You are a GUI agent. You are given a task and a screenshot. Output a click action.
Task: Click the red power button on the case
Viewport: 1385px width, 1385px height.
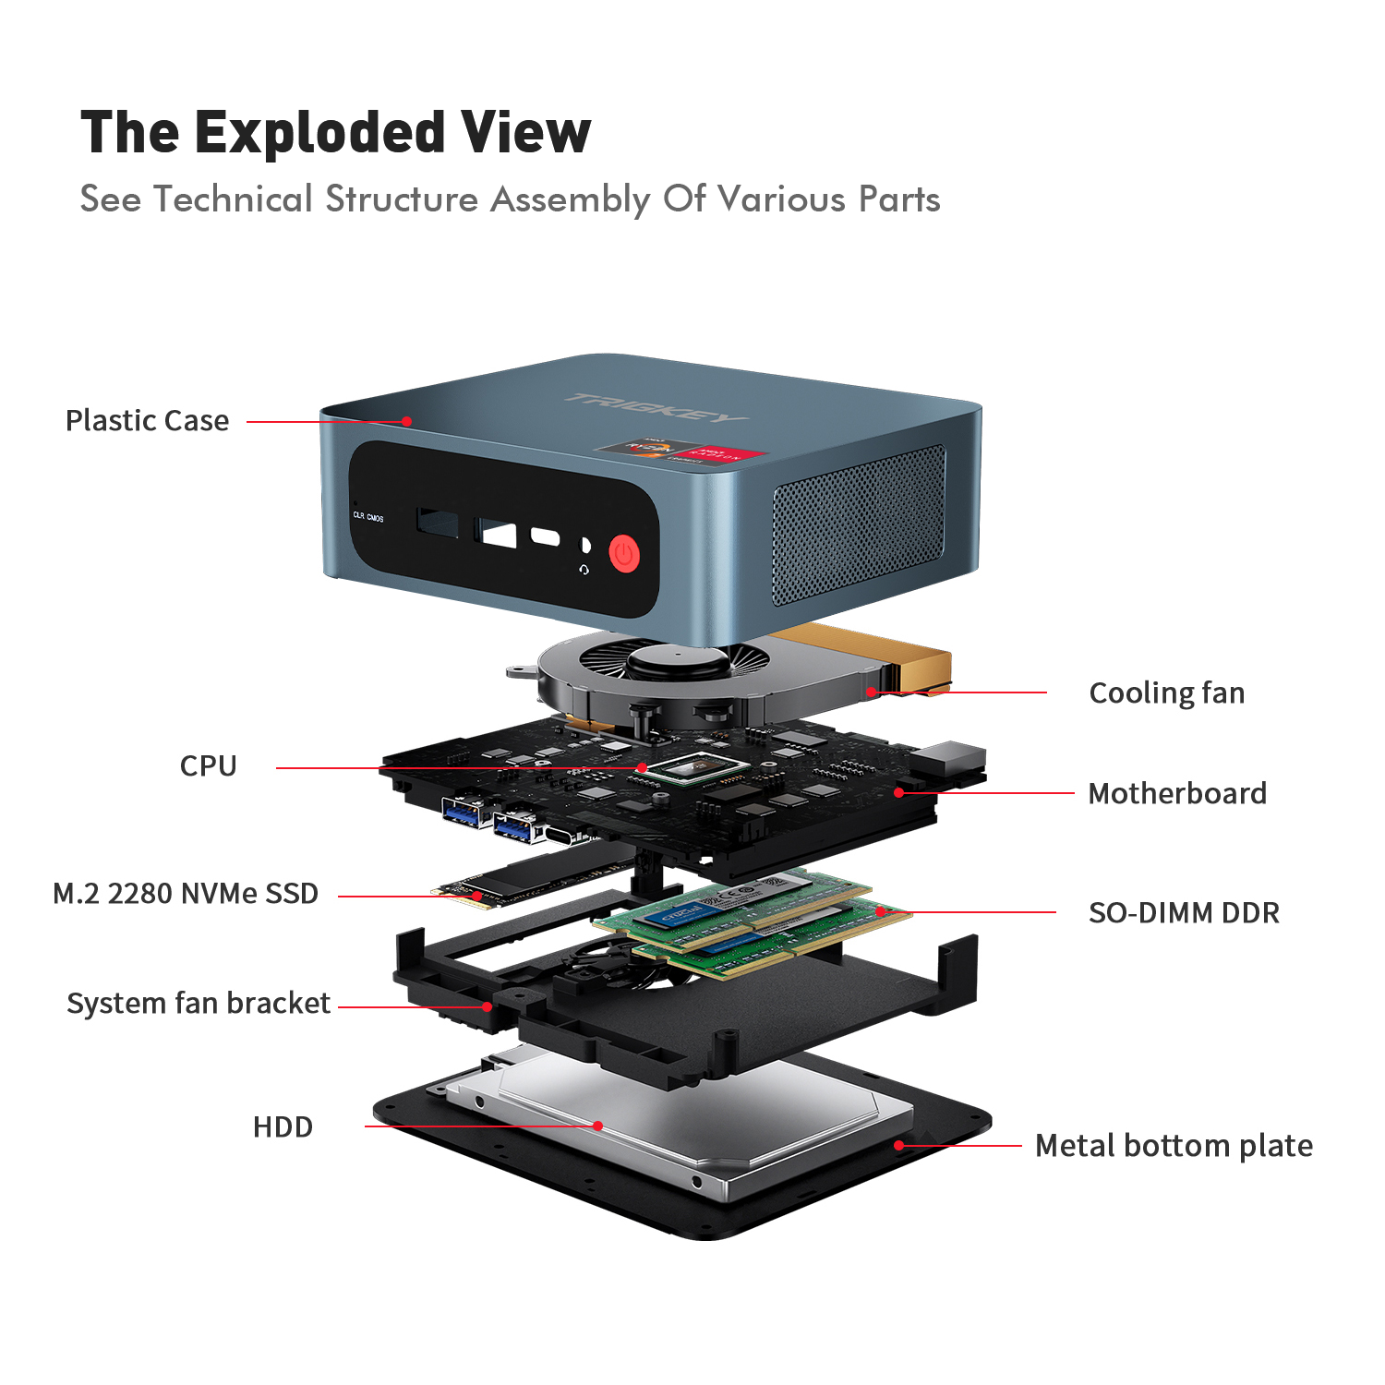click(x=625, y=554)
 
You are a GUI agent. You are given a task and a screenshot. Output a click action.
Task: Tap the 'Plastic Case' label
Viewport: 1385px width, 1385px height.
click(x=147, y=421)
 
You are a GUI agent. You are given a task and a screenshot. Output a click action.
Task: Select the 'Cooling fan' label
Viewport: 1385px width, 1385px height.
click(x=1166, y=693)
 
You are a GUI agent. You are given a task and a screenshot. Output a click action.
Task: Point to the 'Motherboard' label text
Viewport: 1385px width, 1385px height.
click(x=1176, y=794)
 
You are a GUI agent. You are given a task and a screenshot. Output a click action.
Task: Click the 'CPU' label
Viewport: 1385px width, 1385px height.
click(x=208, y=766)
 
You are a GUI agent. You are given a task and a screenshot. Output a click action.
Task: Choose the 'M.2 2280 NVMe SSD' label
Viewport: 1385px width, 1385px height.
click(x=185, y=894)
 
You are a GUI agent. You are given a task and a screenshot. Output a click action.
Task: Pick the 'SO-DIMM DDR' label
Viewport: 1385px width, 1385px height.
click(x=1184, y=913)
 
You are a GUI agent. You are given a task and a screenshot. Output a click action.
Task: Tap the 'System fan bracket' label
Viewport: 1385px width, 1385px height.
click(x=198, y=1004)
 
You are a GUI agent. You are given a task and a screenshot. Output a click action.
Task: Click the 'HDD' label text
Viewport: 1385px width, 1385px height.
click(x=283, y=1127)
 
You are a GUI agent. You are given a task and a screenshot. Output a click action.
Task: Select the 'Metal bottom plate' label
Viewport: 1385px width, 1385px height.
click(x=1174, y=1146)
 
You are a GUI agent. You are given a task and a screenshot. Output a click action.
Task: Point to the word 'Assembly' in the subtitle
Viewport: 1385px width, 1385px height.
click(x=570, y=199)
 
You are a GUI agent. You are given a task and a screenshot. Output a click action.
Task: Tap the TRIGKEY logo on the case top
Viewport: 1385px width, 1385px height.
click(x=656, y=406)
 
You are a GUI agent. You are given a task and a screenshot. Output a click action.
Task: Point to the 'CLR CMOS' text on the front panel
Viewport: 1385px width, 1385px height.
click(x=367, y=517)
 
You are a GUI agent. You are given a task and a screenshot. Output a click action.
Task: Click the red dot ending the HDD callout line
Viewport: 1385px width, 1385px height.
click(x=598, y=1126)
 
